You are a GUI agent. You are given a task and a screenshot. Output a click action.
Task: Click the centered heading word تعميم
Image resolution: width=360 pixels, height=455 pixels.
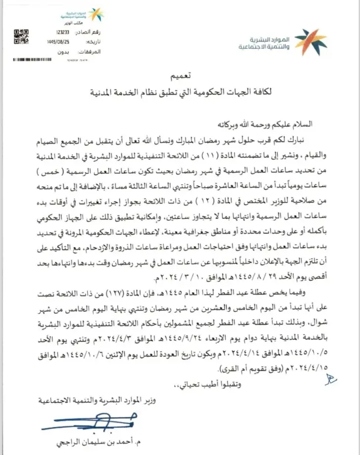click(x=180, y=78)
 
